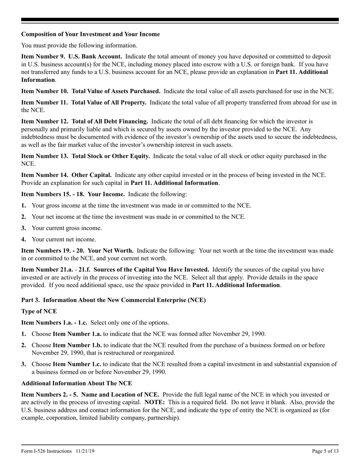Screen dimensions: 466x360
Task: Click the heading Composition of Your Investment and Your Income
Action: click(91, 34)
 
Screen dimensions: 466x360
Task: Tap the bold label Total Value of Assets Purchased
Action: click(116, 91)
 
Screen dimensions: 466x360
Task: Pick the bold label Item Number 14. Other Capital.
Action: click(66, 175)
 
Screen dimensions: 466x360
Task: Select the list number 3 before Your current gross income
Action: click(23, 228)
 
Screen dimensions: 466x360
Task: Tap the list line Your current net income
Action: click(64, 239)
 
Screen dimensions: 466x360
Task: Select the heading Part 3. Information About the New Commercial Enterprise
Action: click(113, 300)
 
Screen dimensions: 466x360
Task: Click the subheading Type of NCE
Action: click(39, 311)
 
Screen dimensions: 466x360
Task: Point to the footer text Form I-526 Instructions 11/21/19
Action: click(56, 451)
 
